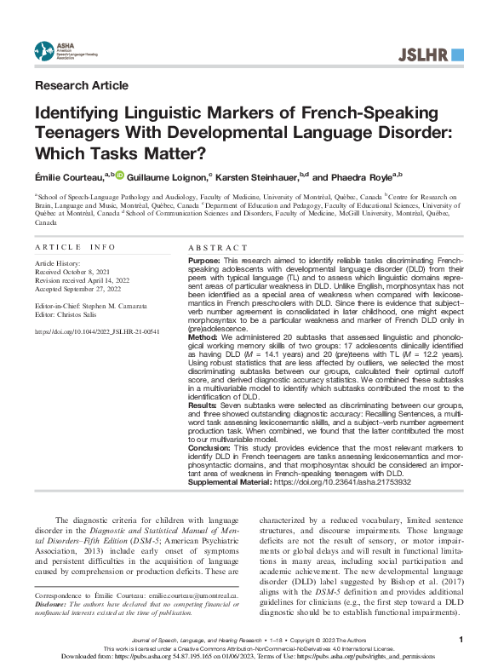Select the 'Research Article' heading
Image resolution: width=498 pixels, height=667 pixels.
(82, 85)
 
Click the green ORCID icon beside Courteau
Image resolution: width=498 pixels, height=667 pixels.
(120, 175)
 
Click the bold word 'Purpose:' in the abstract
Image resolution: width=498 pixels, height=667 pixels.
(204, 259)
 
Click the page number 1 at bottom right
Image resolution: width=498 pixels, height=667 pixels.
(460, 639)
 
